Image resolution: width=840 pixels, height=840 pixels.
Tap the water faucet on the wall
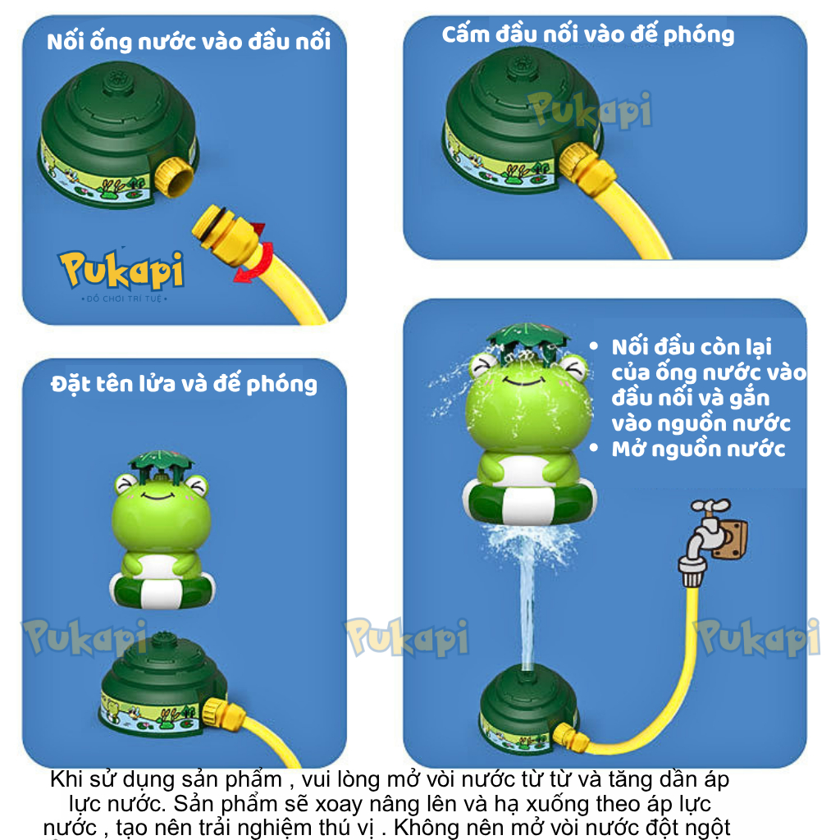coord(711,541)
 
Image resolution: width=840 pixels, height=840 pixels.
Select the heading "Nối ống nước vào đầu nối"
coord(189,42)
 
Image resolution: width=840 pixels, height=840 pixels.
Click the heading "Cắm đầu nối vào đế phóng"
coord(587,34)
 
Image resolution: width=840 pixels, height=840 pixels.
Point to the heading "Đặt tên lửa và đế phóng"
coord(184,384)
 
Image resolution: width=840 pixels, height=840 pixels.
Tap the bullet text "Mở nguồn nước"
coord(698,449)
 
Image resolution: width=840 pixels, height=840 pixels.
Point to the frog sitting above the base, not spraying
coord(162,531)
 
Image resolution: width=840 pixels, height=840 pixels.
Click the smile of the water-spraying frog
coord(523,381)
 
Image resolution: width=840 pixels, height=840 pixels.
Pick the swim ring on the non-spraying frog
coord(162,588)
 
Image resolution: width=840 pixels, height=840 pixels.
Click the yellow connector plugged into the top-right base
coord(586,162)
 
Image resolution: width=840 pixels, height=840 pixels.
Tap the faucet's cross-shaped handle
coord(710,505)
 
